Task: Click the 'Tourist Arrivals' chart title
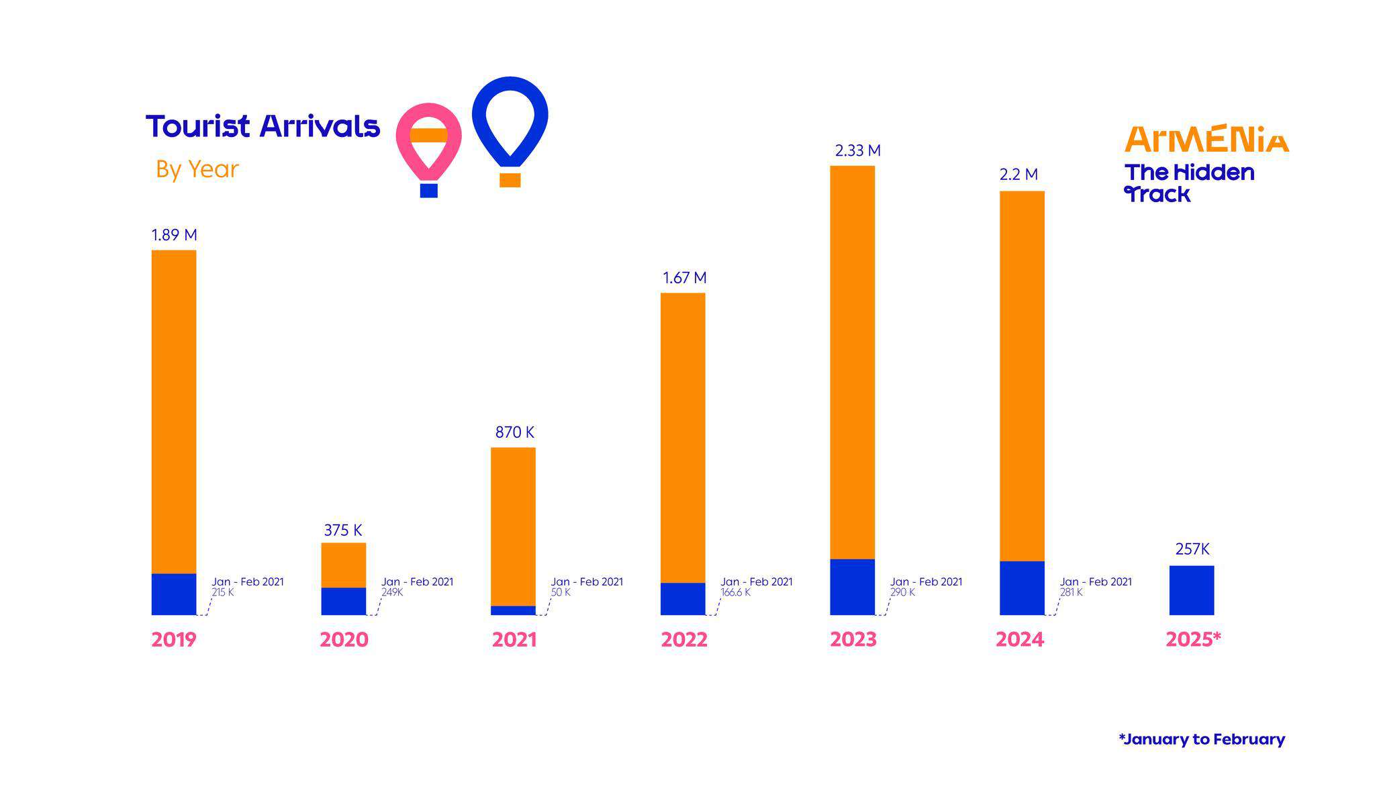263,126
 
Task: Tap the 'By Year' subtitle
197,169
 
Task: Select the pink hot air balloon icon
429,144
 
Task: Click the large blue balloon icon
510,124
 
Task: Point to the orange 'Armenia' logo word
1206,139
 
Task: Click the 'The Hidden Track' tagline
1189,183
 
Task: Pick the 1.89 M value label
174,235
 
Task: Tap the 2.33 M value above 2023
857,151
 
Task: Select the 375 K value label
343,530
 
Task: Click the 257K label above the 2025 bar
1192,549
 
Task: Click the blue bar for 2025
1192,590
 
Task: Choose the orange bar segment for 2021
513,526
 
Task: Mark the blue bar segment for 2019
174,594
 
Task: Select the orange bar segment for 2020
343,565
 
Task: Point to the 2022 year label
683,640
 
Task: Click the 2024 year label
1019,640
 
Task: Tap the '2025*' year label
1193,640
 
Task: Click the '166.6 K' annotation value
735,593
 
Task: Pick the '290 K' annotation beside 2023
902,593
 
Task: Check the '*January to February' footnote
1202,739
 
